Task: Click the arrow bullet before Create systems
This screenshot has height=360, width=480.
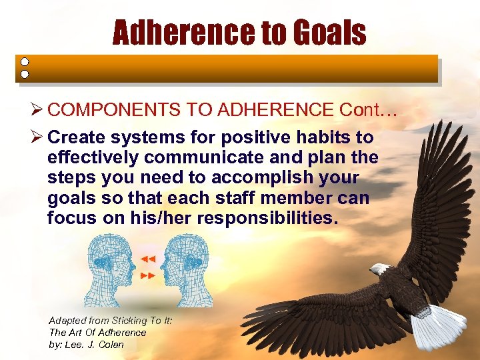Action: (x=37, y=138)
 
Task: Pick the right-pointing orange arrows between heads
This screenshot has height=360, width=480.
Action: (x=147, y=275)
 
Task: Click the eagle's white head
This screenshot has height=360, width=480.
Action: (x=381, y=269)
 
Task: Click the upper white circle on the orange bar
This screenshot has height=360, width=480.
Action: (x=24, y=61)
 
